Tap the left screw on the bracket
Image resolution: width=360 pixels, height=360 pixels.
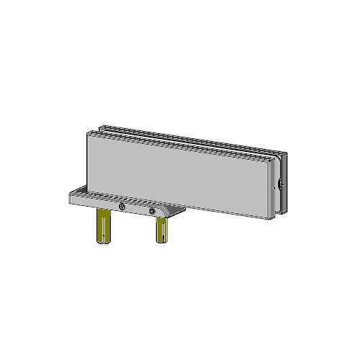tap(122, 208)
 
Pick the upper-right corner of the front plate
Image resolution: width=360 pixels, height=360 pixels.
tap(271, 160)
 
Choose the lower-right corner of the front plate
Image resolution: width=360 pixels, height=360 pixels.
tap(270, 217)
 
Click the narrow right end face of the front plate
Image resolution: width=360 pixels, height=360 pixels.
tap(274, 189)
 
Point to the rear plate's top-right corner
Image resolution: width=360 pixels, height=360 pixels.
tap(287, 154)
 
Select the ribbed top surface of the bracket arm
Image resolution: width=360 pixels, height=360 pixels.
tap(108, 195)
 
